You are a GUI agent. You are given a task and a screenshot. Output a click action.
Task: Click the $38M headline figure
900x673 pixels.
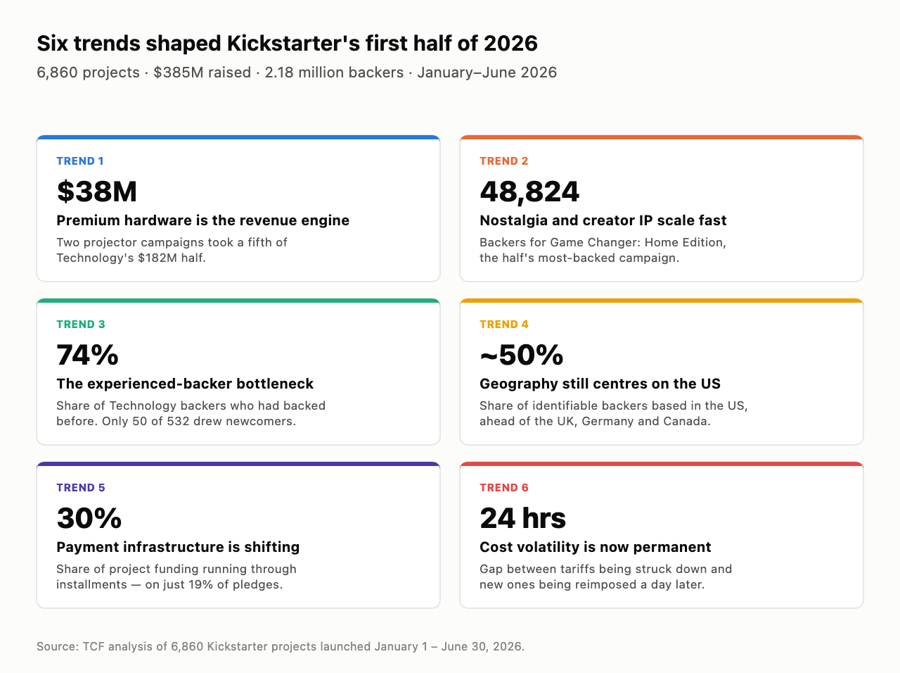[x=97, y=191]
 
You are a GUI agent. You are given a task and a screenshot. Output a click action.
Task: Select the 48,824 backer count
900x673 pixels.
[x=529, y=191]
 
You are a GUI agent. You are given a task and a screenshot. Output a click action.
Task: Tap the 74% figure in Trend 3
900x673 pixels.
[x=87, y=355]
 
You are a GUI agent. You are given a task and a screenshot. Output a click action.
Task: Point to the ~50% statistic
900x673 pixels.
[x=521, y=355]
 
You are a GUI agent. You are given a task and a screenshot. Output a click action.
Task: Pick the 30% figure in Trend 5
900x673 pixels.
[x=89, y=518]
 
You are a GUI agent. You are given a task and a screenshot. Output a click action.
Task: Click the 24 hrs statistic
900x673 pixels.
[x=523, y=518]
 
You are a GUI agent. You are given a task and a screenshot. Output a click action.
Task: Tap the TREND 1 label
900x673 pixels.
[x=80, y=161]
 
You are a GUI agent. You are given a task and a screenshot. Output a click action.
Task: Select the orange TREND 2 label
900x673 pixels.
[x=504, y=161]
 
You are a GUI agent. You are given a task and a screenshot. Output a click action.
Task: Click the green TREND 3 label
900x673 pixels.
[x=81, y=325]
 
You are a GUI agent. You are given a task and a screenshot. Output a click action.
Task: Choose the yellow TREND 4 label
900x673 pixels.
[x=504, y=325]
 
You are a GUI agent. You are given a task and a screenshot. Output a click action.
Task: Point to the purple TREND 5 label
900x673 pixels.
[x=81, y=488]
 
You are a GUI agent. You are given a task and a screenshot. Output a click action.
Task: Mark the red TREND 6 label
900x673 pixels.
[x=504, y=488]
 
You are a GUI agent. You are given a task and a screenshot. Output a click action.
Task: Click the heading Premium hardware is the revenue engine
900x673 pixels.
[x=203, y=221]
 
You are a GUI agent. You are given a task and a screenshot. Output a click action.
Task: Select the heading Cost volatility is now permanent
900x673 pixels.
[x=596, y=548]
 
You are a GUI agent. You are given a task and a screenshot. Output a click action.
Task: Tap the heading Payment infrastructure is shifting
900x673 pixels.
[x=178, y=548]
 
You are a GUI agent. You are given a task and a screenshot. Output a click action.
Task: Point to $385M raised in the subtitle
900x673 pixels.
[x=202, y=73]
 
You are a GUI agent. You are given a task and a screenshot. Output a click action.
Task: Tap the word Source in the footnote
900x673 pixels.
[x=58, y=647]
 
